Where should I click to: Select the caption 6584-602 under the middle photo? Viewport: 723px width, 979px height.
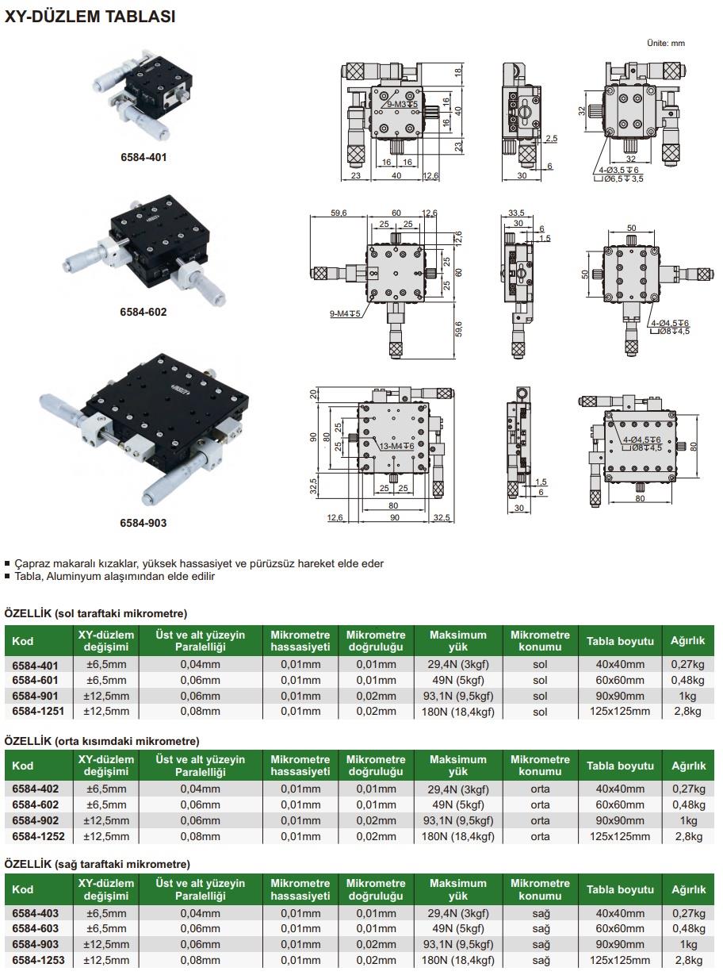[x=143, y=312]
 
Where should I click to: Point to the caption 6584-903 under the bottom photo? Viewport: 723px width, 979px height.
[x=143, y=523]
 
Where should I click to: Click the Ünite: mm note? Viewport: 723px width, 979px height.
[x=666, y=43]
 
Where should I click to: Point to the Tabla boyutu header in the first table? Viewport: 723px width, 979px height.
[x=620, y=641]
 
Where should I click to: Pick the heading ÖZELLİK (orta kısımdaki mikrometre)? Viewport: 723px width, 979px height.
[x=101, y=741]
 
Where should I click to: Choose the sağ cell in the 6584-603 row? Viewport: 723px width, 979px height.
[x=540, y=929]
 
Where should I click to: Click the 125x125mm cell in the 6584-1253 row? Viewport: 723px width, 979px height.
[x=620, y=960]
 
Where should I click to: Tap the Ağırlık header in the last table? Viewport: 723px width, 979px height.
[x=688, y=889]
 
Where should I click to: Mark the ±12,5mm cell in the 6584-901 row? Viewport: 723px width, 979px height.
[x=106, y=696]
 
